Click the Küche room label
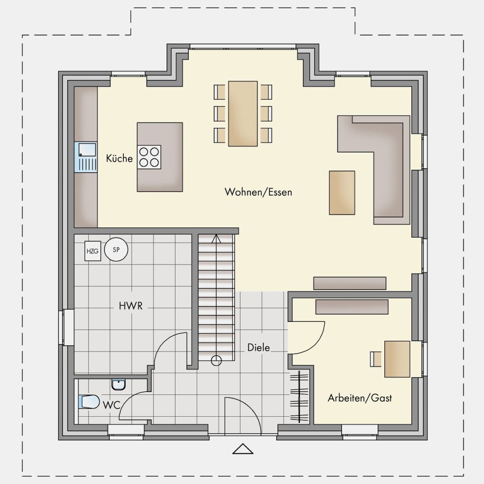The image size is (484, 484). point(119,158)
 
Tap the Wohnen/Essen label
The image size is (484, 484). point(258,192)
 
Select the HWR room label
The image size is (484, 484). point(131,306)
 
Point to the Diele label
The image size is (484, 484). point(258,348)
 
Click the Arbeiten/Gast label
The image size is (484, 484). point(360,398)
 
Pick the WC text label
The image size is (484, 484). point(111,405)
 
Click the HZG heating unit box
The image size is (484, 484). point(92,251)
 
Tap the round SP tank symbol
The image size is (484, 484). point(116,249)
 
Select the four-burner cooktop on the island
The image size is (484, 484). point(150,157)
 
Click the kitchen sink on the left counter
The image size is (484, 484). point(86,157)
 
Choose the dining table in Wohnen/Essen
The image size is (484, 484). point(243,114)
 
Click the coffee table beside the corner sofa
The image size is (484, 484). point(342,193)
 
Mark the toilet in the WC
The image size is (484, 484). point(89,402)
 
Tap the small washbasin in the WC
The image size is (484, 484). point(119,385)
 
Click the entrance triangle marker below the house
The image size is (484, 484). point(243,449)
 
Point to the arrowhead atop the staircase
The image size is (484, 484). point(216,238)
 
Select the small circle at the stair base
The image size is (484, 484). point(216,361)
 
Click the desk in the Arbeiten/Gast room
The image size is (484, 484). point(397,359)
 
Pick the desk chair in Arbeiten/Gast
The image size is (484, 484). point(376,359)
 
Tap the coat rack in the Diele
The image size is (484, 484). point(299,396)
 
